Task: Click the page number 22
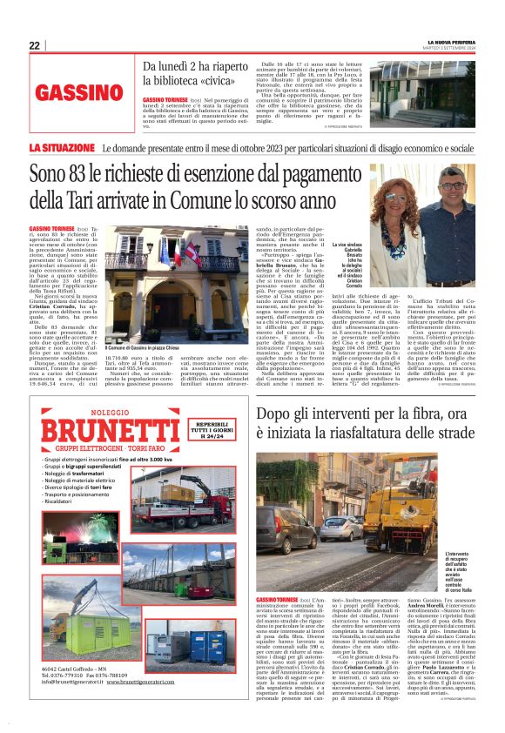pos(35,45)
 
